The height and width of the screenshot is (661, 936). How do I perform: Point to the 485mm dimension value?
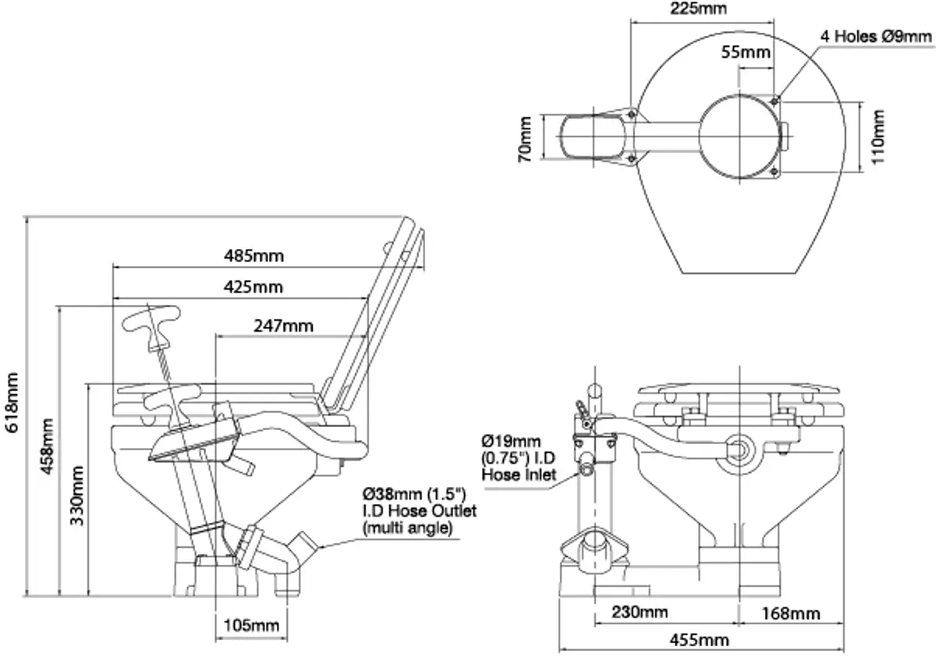[253, 255]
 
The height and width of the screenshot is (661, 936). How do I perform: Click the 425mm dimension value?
[253, 287]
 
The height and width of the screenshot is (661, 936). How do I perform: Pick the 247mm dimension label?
[283, 325]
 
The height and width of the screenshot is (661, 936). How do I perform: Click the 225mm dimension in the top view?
[698, 9]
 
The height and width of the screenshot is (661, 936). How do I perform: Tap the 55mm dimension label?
[746, 53]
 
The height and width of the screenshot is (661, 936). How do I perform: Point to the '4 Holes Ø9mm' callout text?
[875, 36]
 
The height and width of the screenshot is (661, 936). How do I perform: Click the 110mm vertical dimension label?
[879, 136]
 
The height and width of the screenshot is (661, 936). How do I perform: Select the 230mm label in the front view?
[639, 612]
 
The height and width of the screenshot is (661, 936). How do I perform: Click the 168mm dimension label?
[792, 613]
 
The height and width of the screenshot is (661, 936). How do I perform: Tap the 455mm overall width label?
[700, 640]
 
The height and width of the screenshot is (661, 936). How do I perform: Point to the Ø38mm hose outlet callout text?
[414, 510]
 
